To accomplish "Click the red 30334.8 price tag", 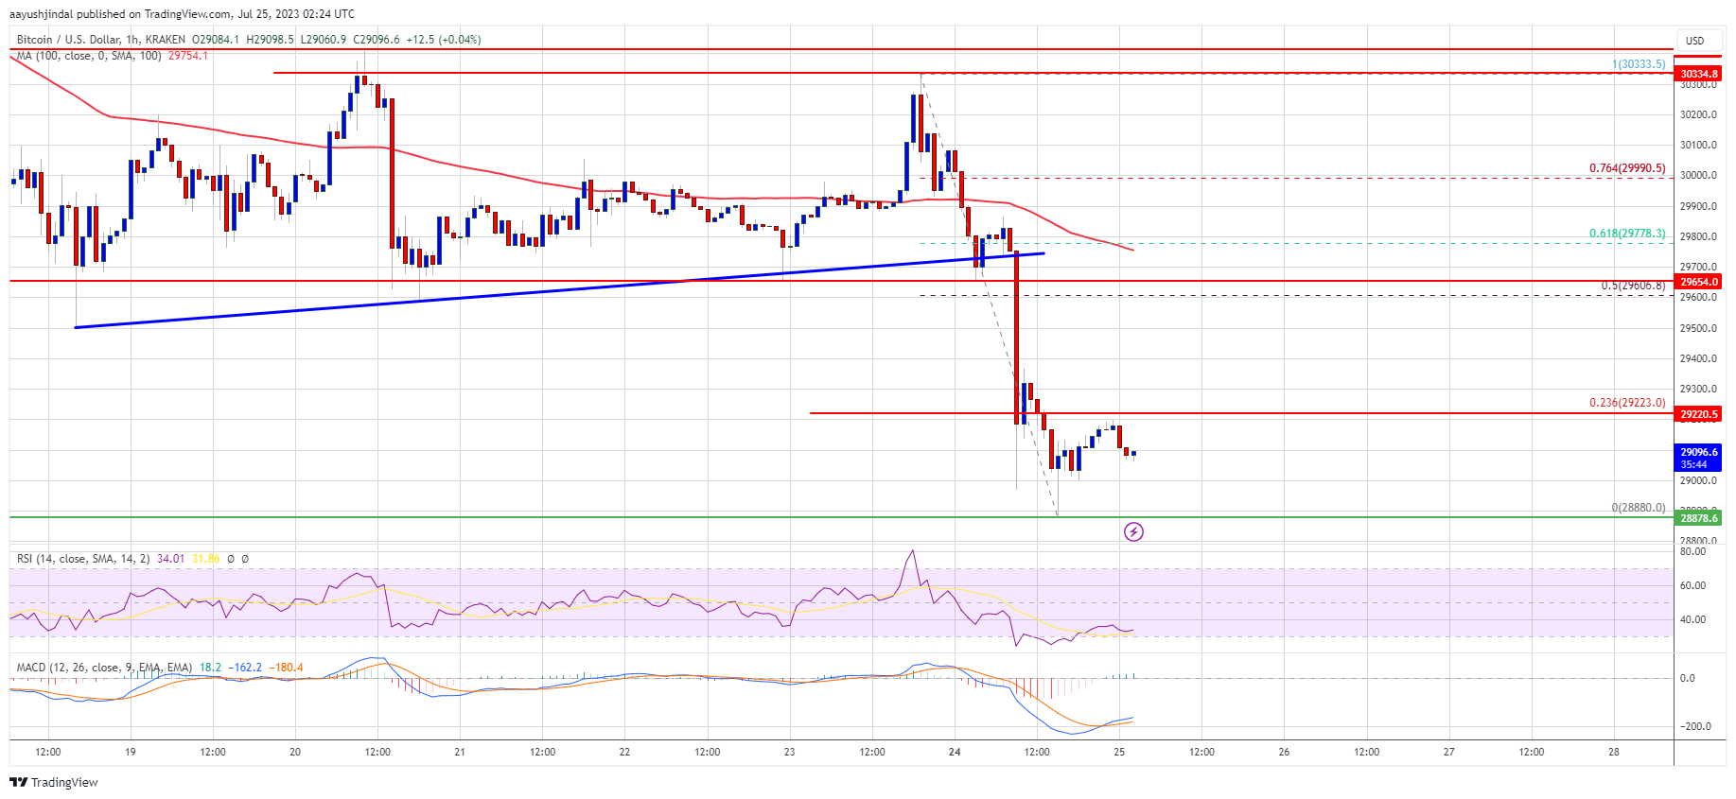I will pos(1698,74).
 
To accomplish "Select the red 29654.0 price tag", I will pos(1698,282).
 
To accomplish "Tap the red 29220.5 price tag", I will pos(1698,414).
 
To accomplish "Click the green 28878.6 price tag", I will pos(1698,518).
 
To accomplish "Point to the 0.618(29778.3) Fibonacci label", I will pos(1626,234).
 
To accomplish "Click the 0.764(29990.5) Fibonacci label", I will pos(1626,168).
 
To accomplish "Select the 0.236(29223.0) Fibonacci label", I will pos(1626,403).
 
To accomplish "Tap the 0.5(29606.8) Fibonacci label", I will pos(1632,286).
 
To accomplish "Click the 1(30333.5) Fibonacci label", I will pos(1639,64).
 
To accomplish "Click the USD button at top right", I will pos(1694,41).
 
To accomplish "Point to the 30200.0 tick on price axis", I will pos(1697,115).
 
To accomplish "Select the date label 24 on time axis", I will pos(955,753).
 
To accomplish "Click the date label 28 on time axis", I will pos(1613,753).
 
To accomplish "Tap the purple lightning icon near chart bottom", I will pos(1133,531).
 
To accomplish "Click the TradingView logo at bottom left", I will pos(54,782).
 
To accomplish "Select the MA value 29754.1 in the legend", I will pos(187,56).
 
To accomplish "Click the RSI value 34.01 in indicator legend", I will pos(170,559).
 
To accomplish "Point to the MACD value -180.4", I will pos(286,668).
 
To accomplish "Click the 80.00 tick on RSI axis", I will pos(1692,551).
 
